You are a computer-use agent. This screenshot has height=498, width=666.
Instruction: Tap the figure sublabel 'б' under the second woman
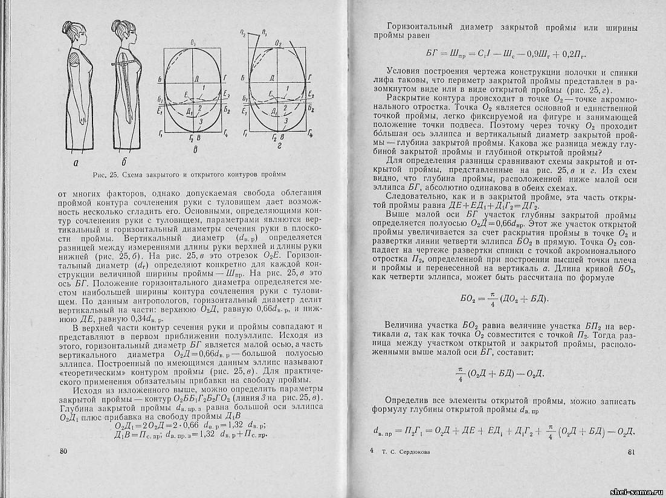124,162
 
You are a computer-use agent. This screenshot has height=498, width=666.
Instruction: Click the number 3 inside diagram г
275,121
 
